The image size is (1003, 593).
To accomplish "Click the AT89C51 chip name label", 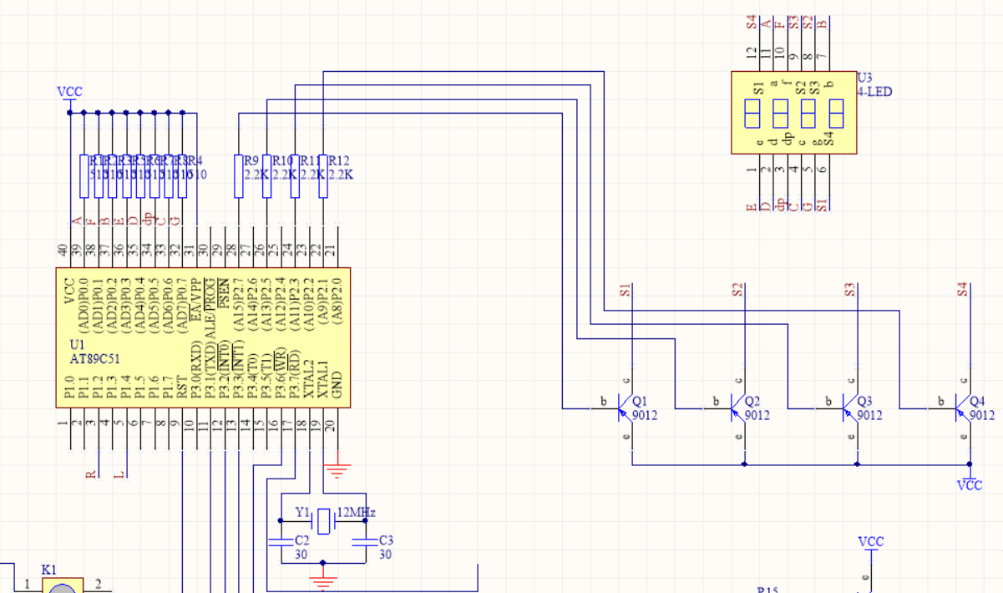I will pyautogui.click(x=96, y=359).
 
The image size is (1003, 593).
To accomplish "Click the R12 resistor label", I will pyautogui.click(x=339, y=160).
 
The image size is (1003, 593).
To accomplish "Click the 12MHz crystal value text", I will pyautogui.click(x=357, y=512).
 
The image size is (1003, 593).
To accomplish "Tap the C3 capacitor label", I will pyautogui.click(x=386, y=540).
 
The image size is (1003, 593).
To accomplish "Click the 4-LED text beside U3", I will pyautogui.click(x=874, y=92).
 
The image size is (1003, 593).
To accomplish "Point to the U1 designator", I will pyautogui.click(x=78, y=345).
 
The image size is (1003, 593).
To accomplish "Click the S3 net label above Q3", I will pyautogui.click(x=849, y=291).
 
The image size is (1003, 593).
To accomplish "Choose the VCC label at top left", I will pyautogui.click(x=69, y=92).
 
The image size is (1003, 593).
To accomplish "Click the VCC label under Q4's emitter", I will pyautogui.click(x=970, y=485).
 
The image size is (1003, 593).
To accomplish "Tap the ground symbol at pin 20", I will pyautogui.click(x=337, y=469).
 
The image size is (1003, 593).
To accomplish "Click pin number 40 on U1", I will pyautogui.click(x=63, y=250).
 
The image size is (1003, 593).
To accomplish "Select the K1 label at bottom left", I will pyautogui.click(x=49, y=570).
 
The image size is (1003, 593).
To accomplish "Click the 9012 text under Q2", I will pyautogui.click(x=757, y=414).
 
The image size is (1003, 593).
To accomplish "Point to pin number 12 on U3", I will pyautogui.click(x=751, y=53).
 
